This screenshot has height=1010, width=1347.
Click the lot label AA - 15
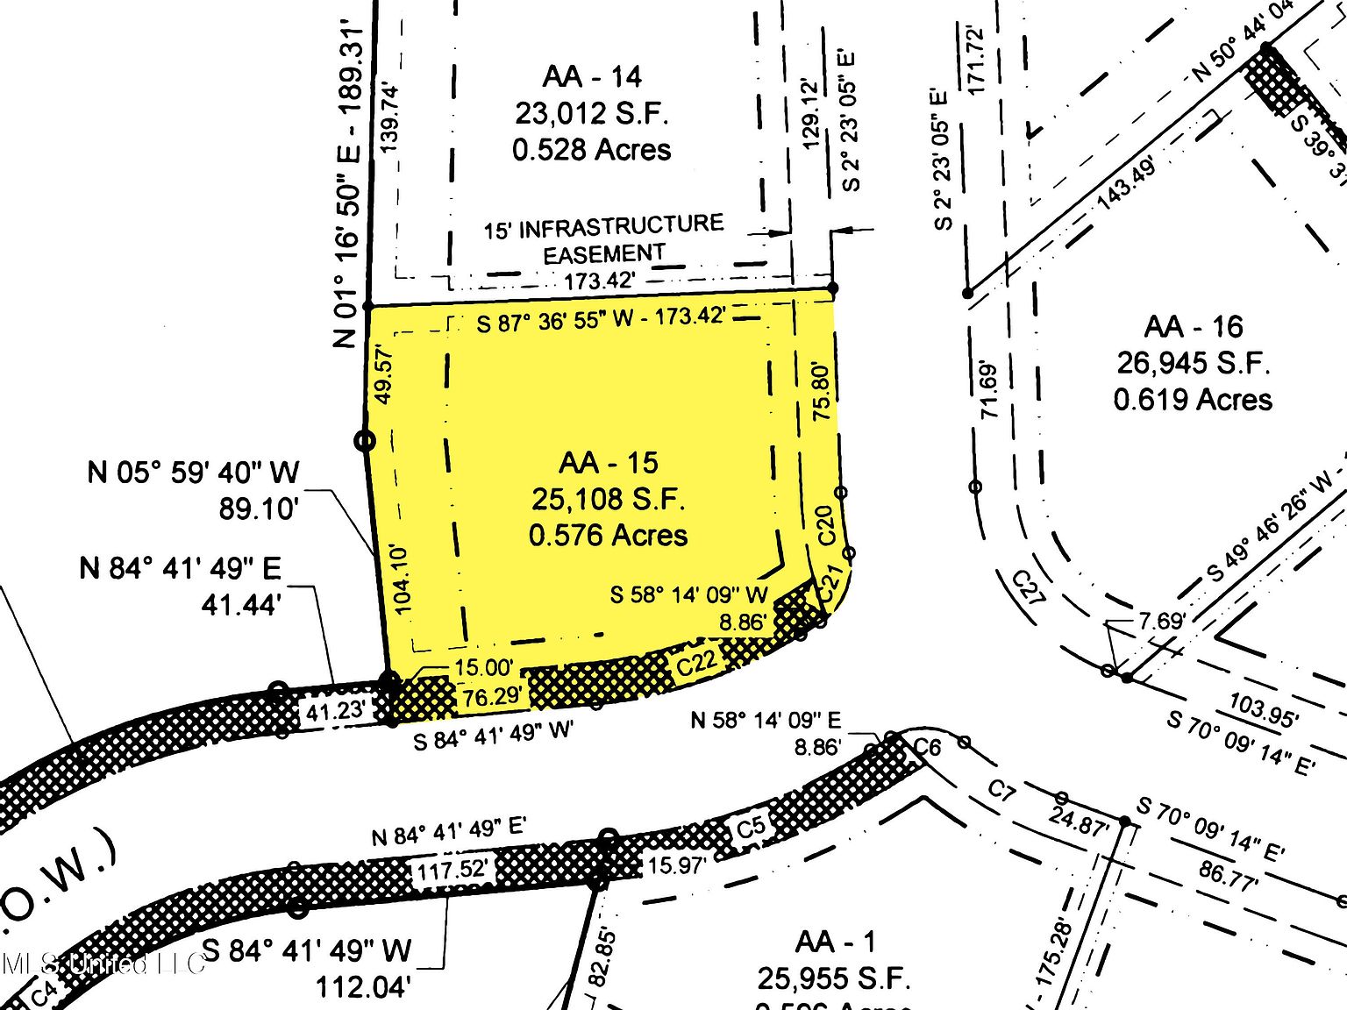608,463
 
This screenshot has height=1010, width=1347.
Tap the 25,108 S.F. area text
608,499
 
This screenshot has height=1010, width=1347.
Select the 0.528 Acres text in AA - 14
592,150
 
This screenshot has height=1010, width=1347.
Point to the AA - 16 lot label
1194,327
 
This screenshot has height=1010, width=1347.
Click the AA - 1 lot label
835,942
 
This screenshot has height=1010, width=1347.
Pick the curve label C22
697,662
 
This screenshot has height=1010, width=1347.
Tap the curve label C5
751,827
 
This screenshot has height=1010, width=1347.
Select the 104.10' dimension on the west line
403,578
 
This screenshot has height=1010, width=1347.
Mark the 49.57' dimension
383,374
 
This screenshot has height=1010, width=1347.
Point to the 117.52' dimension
452,871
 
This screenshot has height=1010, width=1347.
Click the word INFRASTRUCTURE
621,227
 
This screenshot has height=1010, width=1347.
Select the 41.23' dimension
336,711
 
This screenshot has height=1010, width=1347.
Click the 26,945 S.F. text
1194,363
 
